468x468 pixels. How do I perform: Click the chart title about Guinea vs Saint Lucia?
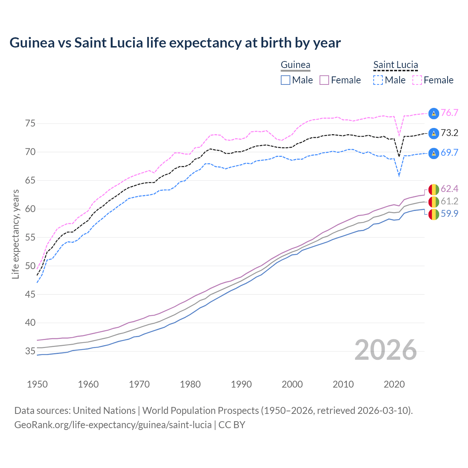coord(175,43)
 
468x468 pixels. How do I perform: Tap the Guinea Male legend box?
coord(286,80)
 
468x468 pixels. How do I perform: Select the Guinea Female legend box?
coord(324,80)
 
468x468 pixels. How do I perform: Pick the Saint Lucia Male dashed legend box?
coord(378,80)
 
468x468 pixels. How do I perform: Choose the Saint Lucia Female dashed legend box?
coord(417,80)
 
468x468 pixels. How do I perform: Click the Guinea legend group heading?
coord(295,65)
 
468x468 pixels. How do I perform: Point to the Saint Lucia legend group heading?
coord(396,65)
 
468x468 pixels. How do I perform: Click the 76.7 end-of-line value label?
coord(449,113)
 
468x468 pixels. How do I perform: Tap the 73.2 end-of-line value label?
coord(449,133)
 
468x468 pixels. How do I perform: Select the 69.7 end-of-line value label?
coord(449,153)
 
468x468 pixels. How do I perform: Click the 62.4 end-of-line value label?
coord(449,189)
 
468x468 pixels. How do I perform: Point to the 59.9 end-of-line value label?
coord(449,214)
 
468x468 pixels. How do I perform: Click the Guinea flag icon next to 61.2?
coord(434,201)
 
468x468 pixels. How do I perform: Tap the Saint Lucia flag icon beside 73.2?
coord(434,133)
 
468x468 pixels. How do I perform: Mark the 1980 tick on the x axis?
coord(190,384)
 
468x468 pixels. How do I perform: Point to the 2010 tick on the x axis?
coord(343,384)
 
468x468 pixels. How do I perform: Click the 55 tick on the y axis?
coord(30,238)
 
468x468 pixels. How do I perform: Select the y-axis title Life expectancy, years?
coord(16,234)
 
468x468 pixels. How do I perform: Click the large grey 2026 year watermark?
coord(386,350)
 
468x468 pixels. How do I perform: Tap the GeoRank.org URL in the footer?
coord(113,425)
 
